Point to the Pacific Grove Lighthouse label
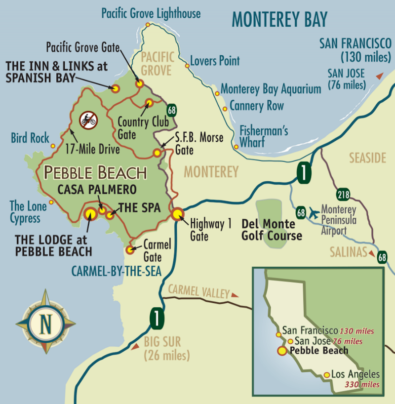(151, 13)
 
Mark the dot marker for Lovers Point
(187, 66)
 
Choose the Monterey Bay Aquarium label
(271, 89)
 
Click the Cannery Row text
(257, 106)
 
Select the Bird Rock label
(30, 138)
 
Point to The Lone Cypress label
(25, 211)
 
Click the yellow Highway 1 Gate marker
(177, 214)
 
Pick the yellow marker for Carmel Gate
(130, 250)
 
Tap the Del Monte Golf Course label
(272, 230)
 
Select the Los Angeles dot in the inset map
(326, 375)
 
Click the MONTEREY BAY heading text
(279, 20)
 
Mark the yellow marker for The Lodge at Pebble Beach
(90, 213)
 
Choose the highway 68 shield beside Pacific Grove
(171, 109)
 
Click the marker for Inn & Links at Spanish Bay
(115, 89)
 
